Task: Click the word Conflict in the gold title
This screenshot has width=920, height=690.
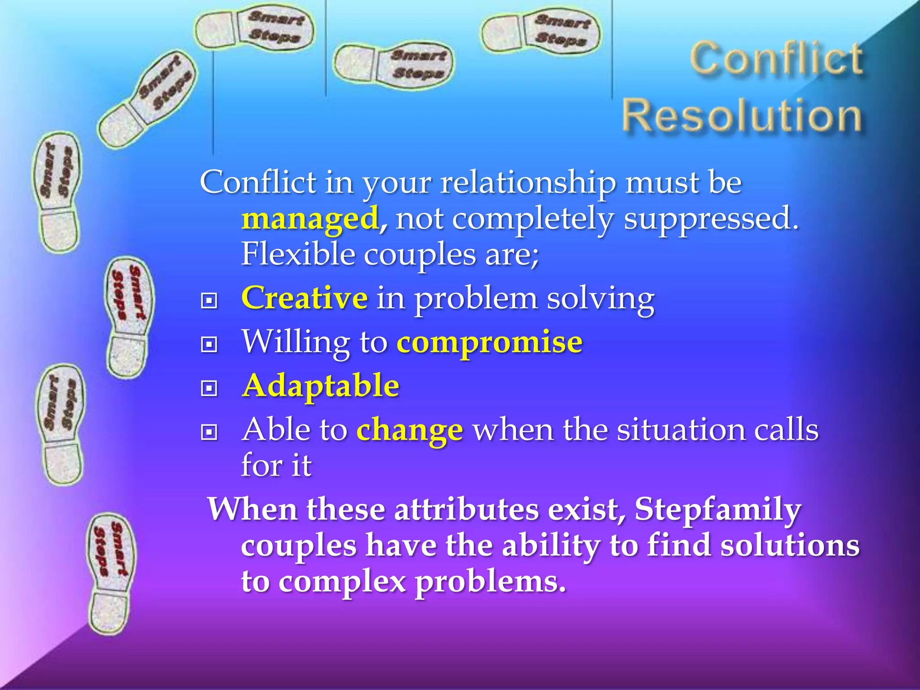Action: [776, 58]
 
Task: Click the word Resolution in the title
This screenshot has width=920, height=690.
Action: [742, 116]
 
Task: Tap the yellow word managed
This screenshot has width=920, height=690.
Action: [310, 219]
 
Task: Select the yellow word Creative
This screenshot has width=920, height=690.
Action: [305, 298]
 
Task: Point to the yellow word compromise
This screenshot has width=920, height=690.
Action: [490, 342]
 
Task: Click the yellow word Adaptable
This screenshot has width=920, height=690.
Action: [320, 386]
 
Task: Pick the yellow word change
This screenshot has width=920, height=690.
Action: [409, 430]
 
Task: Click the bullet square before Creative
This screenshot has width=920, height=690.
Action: [209, 301]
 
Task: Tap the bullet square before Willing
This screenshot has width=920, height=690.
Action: [209, 345]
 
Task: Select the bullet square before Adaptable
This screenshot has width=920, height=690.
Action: [209, 388]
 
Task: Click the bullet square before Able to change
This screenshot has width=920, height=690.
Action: [209, 432]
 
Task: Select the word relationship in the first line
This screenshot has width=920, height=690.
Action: [528, 183]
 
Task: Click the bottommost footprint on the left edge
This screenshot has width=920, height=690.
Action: [110, 573]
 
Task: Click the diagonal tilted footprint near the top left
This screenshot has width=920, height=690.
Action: [147, 100]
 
